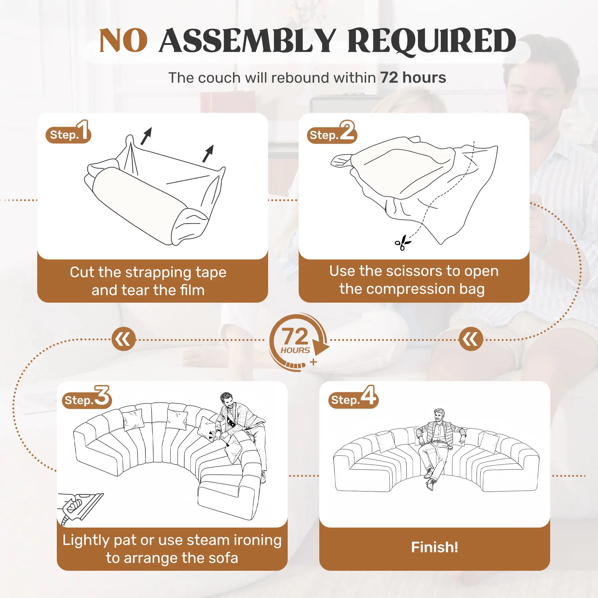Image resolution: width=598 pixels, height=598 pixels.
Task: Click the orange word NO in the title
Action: coord(123,41)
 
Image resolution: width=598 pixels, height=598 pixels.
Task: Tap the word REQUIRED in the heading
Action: coord(432,42)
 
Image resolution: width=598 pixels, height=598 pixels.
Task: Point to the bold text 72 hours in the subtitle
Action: coord(413,78)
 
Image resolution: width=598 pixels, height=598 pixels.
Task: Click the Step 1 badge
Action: coord(68,132)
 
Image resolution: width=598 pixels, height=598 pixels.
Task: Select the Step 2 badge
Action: coord(332,132)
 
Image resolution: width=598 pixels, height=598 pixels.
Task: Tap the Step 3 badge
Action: coord(87,397)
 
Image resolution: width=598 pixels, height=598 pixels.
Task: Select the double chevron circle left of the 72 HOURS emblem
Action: coord(124,339)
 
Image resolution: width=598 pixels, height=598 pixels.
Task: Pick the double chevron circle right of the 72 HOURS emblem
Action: coord(471,339)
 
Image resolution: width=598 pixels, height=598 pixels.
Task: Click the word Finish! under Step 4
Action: coord(435,547)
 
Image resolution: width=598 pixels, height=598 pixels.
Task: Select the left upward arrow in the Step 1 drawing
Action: coord(146,136)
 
